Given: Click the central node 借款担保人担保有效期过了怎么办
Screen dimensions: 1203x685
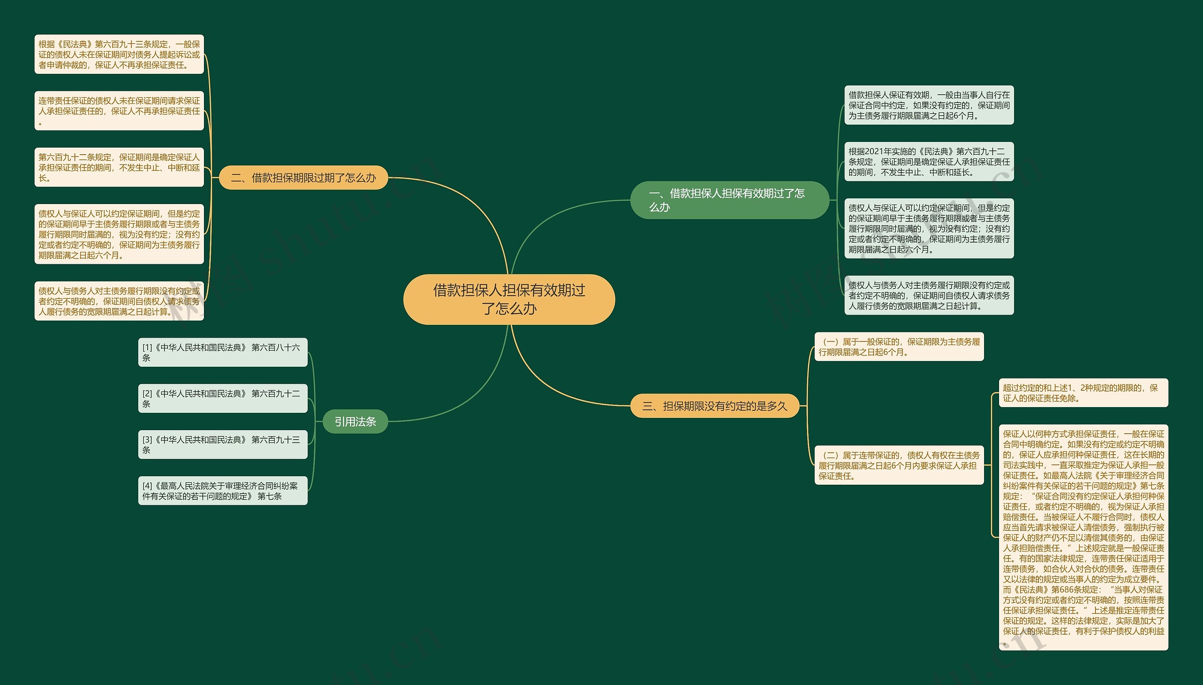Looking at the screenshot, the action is click(509, 299).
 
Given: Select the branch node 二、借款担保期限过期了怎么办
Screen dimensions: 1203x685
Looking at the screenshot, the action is click(303, 178).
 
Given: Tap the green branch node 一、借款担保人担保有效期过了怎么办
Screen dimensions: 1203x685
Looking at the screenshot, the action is click(729, 200).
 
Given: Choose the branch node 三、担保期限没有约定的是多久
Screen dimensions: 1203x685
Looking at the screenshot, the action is click(715, 406).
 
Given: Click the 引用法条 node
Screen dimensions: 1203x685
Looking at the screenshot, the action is click(355, 422).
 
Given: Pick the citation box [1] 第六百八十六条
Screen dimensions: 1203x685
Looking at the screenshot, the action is click(222, 353).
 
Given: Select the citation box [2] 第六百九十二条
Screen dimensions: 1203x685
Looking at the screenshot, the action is click(222, 399).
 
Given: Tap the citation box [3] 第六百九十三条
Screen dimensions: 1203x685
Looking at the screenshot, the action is click(222, 445).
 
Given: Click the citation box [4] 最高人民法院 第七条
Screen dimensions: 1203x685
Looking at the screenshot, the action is click(222, 491).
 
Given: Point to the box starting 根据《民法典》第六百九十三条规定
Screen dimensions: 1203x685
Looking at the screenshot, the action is click(119, 54).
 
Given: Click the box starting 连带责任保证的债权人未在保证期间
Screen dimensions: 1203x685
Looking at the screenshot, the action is click(119, 110).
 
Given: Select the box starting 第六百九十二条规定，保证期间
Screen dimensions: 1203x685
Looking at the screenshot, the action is click(119, 167).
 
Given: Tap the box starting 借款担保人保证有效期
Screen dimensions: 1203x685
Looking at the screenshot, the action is click(929, 105).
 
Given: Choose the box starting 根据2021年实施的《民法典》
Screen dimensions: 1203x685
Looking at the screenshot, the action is click(929, 161).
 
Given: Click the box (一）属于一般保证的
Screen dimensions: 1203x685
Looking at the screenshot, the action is click(899, 347).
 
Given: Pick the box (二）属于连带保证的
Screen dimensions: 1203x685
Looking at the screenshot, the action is click(899, 465).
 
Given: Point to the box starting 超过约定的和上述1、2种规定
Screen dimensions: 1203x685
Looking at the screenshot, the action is click(1083, 393).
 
